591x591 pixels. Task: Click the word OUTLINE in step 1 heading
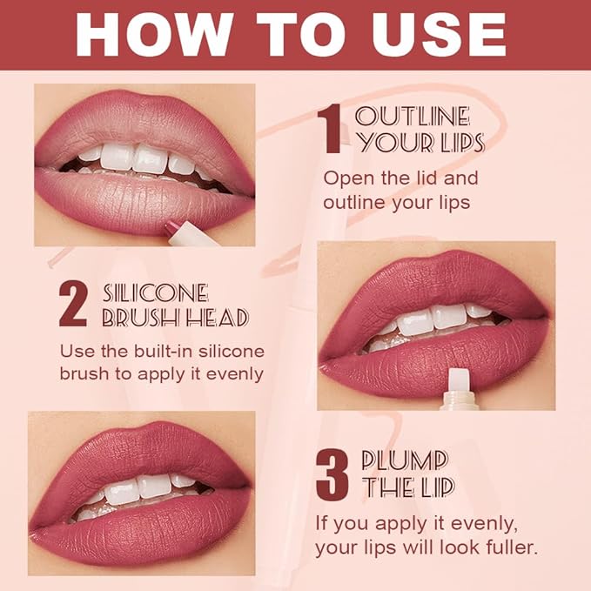click(x=413, y=116)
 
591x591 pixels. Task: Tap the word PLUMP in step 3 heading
click(x=405, y=460)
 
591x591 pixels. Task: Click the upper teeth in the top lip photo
click(x=139, y=158)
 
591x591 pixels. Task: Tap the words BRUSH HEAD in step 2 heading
click(x=175, y=319)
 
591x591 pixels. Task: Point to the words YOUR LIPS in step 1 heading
click(x=420, y=143)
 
